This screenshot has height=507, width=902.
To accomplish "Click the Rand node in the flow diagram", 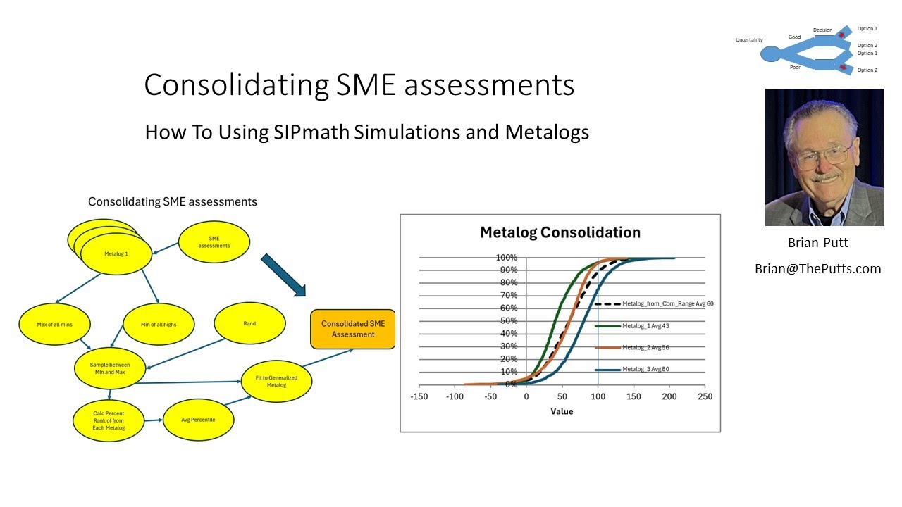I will pyautogui.click(x=249, y=324).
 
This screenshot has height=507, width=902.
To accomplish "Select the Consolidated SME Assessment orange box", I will pyautogui.click(x=353, y=330).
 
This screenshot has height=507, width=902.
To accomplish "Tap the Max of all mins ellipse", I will pyautogui.click(x=54, y=324).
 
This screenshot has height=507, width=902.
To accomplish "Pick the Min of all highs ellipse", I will pyautogui.click(x=158, y=324).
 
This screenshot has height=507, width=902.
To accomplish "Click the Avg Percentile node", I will pyautogui.click(x=199, y=420).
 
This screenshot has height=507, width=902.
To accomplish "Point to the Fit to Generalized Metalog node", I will pyautogui.click(x=276, y=382).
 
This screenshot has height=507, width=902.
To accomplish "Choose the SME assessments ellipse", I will pyautogui.click(x=214, y=242).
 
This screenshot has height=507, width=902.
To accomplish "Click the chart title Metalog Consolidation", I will pyautogui.click(x=560, y=232).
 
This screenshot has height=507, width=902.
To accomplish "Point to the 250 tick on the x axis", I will pyautogui.click(x=705, y=396).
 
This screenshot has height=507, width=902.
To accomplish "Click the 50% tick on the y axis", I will pyautogui.click(x=509, y=321).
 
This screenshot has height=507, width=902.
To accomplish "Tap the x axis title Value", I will pyautogui.click(x=562, y=411).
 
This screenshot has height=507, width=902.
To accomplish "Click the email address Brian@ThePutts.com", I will pyautogui.click(x=817, y=269).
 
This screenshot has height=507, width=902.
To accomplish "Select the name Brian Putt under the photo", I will pyautogui.click(x=817, y=243).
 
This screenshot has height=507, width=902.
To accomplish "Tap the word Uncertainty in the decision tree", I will pyautogui.click(x=749, y=40).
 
